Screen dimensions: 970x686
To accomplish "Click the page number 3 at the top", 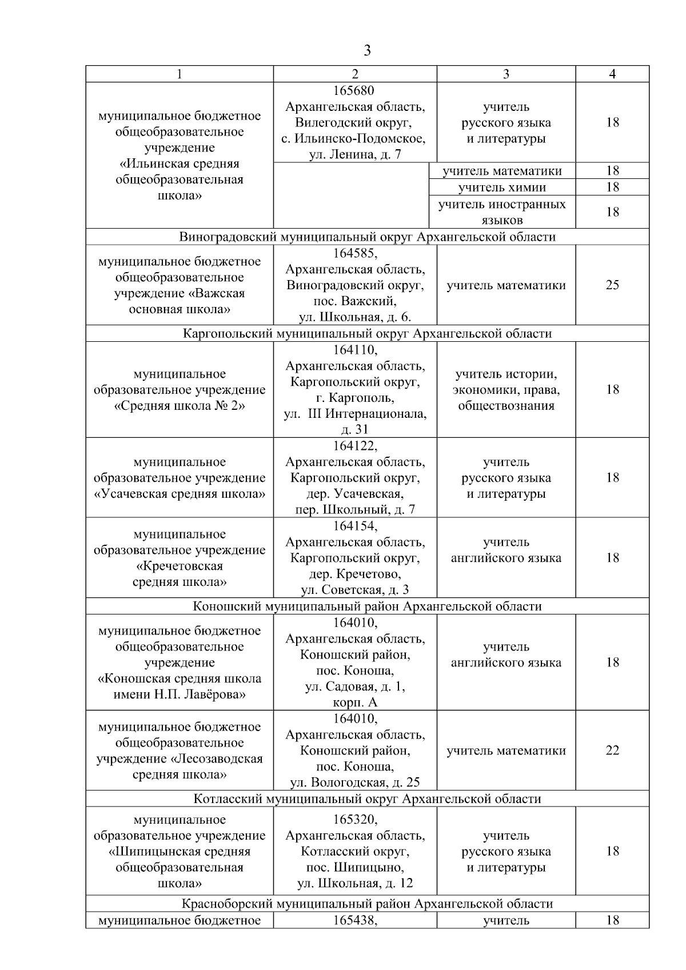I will tap(367, 51).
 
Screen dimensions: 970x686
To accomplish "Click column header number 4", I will tap(612, 74).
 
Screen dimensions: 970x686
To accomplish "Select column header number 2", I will tap(355, 74).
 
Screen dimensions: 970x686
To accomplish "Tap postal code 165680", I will tap(355, 90).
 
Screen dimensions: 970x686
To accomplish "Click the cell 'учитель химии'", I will tap(502, 187).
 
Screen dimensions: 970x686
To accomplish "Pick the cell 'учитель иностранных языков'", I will tap(502, 211).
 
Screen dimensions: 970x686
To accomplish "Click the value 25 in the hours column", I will tap(612, 285).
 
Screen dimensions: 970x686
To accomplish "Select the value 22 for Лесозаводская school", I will tap(612, 751).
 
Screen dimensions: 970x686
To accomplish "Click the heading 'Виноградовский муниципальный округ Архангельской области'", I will tap(367, 237).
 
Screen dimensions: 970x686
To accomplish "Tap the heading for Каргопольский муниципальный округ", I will tap(367, 333).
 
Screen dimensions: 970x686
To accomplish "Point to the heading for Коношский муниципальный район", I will tap(367, 606).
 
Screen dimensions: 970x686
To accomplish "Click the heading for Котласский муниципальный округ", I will tap(367, 799).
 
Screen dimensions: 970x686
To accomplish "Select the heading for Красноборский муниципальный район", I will tap(367, 904).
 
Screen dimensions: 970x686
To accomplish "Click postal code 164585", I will tap(355, 253).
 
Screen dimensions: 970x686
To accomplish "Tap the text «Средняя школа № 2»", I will tap(180, 406).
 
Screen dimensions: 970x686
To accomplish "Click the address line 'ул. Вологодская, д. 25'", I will tap(355, 783).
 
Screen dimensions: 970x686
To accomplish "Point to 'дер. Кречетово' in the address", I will tap(355, 574).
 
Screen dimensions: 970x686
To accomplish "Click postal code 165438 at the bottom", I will tap(355, 920).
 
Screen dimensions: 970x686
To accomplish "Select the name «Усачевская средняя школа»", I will tap(180, 494).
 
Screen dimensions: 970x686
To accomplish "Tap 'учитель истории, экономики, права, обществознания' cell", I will tap(506, 390).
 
